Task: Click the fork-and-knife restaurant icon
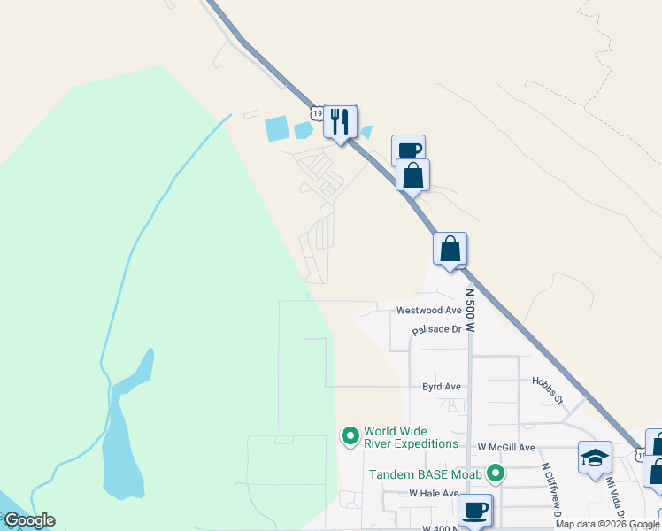pos(340,121)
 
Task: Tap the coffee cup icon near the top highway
pos(408,150)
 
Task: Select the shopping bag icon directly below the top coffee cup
pos(412,174)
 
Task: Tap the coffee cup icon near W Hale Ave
pos(475,510)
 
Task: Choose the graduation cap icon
pos(595,458)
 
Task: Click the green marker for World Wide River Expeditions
pos(350,435)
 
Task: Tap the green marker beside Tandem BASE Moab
pos(496,474)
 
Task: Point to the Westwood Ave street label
pos(429,311)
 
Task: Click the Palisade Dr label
pos(437,330)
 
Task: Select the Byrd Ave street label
pos(442,387)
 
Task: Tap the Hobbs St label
pos(548,391)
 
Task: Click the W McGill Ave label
pos(506,448)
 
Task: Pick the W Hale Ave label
pos(434,493)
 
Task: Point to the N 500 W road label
pos(470,309)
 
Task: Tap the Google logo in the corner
pos(29,520)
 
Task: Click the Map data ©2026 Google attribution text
pos(607,525)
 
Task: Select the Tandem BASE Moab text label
pos(426,474)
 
